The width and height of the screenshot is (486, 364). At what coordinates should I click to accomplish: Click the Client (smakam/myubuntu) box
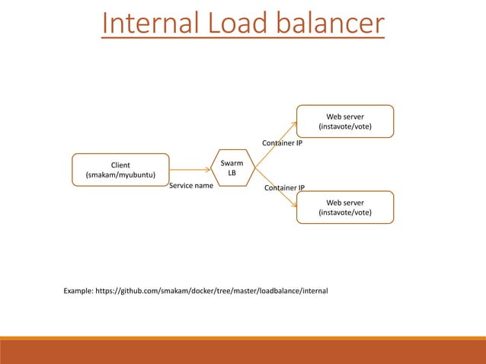click(x=120, y=170)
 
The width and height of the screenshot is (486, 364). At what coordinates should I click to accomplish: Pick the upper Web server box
click(x=344, y=121)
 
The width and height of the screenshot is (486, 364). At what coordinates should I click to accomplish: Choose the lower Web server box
click(x=344, y=207)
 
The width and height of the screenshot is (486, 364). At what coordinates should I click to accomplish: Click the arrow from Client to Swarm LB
click(x=190, y=170)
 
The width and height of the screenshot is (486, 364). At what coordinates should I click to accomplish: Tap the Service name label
click(x=190, y=185)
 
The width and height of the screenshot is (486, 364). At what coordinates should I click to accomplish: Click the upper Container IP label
click(x=282, y=142)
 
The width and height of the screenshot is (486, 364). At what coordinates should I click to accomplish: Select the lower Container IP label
click(x=284, y=187)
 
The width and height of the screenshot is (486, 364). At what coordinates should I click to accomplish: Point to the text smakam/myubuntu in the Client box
click(x=120, y=175)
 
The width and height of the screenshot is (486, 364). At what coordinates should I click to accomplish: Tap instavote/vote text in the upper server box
click(x=344, y=126)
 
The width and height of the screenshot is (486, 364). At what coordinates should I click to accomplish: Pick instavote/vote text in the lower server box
click(x=344, y=212)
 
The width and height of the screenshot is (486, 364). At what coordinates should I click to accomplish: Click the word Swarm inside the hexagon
click(x=232, y=162)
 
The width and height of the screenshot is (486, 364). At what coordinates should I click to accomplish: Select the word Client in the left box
click(x=120, y=164)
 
